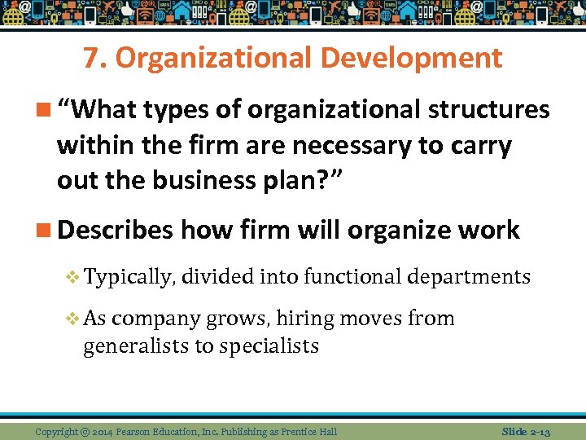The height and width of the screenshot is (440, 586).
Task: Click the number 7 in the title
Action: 90,59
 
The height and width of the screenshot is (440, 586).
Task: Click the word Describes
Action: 115,230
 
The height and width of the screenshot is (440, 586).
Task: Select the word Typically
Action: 129,278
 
